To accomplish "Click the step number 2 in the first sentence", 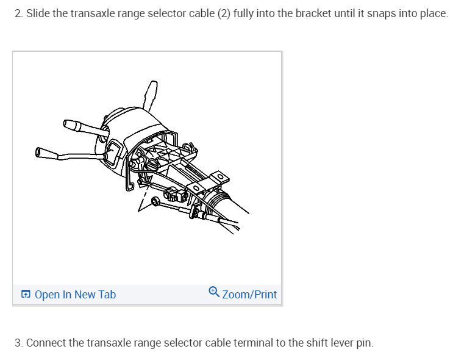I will click(17, 13).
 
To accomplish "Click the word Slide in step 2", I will click(37, 13).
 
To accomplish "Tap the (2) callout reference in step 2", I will click(224, 13).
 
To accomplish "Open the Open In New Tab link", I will click(75, 295).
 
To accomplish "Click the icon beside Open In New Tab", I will click(26, 295).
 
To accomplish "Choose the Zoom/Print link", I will click(249, 295).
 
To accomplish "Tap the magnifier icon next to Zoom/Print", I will click(213, 292).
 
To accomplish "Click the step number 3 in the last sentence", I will click(18, 342).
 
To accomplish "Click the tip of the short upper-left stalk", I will click(69, 125).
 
